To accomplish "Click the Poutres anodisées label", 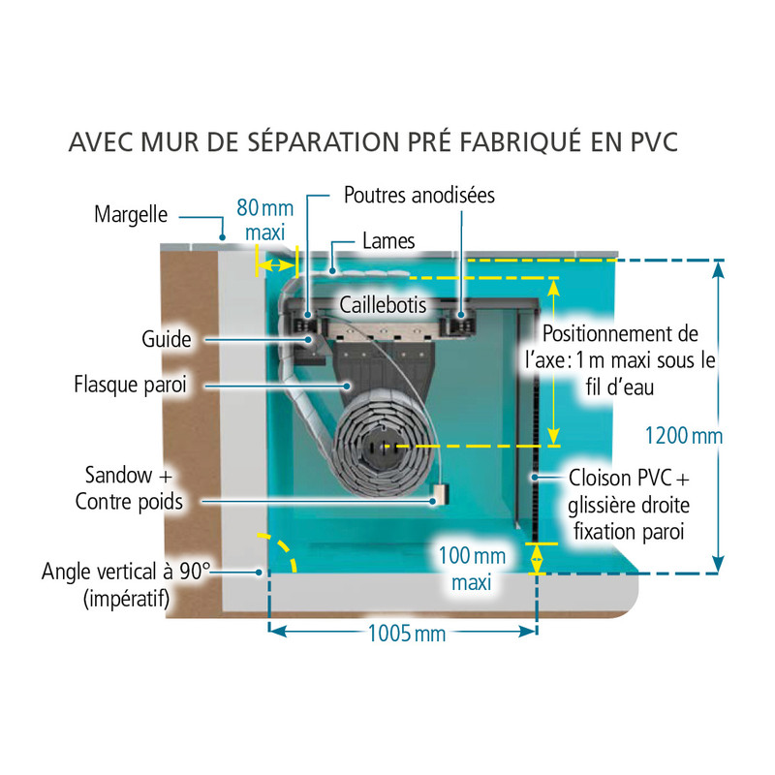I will click(419, 195).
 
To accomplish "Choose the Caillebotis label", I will click(384, 304).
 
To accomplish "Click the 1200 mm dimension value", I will click(684, 436).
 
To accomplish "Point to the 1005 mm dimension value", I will click(407, 634).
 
